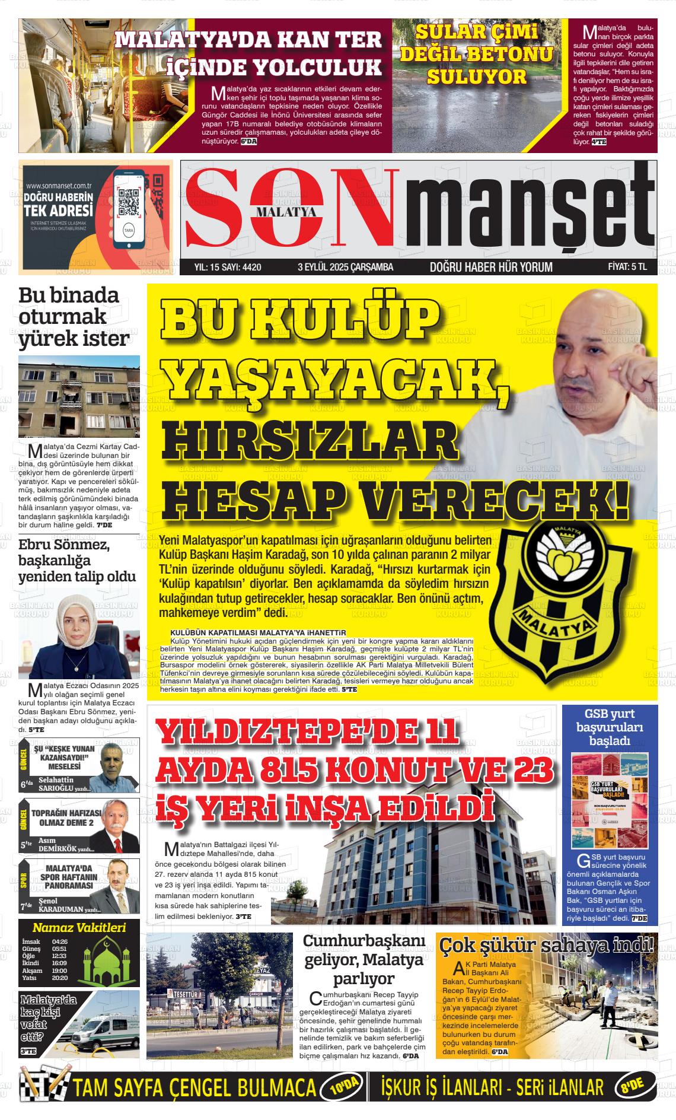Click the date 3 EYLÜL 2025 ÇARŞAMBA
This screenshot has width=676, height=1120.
click(345, 267)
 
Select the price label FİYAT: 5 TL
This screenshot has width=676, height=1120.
click(627, 267)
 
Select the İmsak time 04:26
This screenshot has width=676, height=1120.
click(60, 942)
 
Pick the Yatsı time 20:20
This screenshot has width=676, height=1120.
click(60, 978)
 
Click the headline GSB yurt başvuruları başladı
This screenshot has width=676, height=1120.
click(609, 727)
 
